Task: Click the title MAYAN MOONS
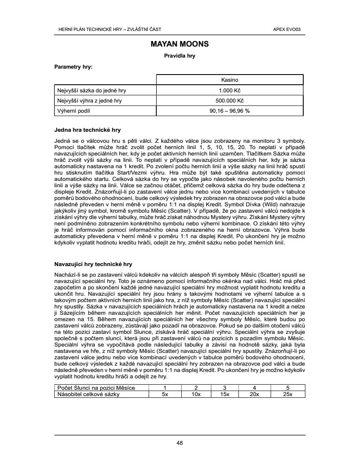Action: [180, 44]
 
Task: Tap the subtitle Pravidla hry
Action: [180, 55]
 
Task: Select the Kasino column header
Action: [230, 80]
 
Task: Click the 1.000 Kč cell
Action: [230, 90]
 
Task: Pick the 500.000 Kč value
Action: [230, 101]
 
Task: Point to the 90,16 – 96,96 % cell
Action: [230, 111]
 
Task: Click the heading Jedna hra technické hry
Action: [88, 130]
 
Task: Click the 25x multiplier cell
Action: [288, 394]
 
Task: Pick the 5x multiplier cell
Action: [165, 394]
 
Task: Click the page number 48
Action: [180, 443]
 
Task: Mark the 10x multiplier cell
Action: [196, 394]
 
